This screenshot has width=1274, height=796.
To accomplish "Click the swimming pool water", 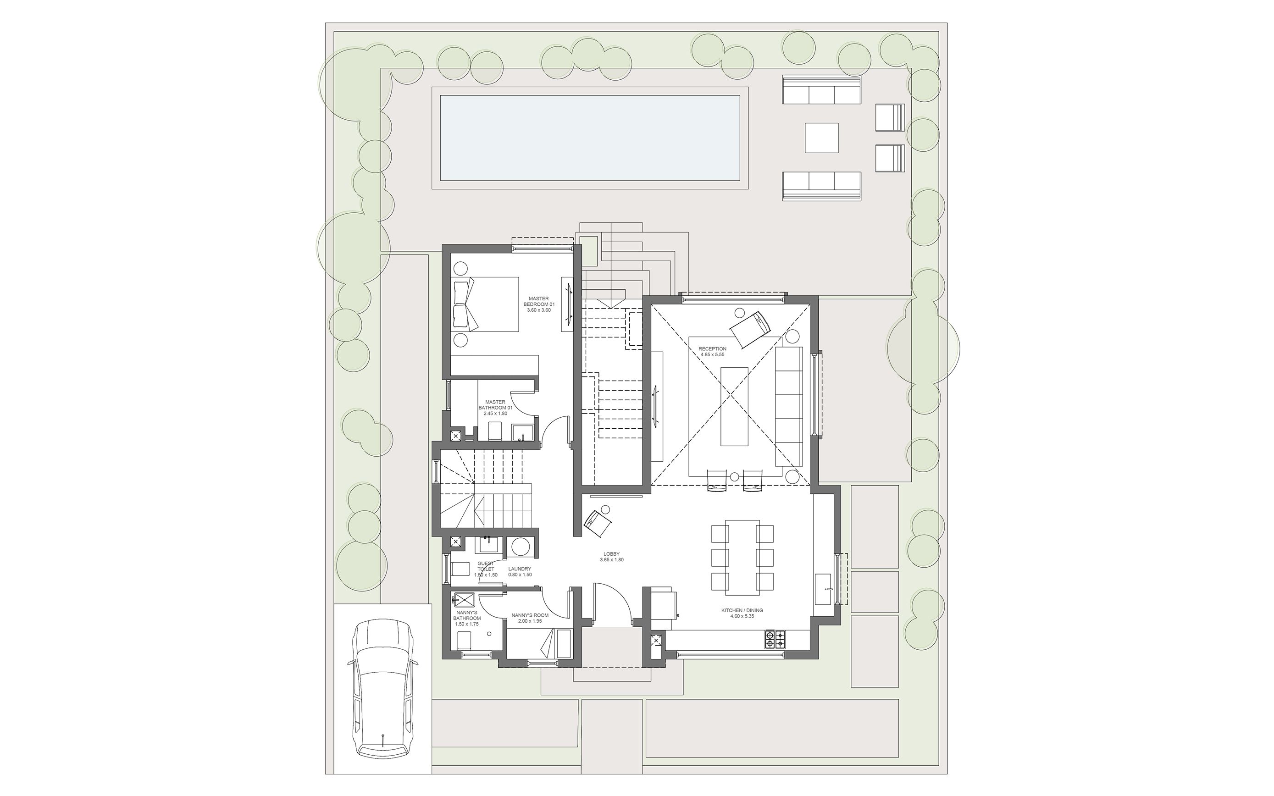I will [x=590, y=138].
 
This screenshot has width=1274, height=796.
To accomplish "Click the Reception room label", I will [x=712, y=352].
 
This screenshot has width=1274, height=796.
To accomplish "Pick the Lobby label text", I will [x=611, y=557].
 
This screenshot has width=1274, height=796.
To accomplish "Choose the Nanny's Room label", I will [x=533, y=618].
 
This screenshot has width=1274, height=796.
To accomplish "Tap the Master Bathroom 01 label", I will [x=495, y=408].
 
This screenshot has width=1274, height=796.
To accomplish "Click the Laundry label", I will [x=520, y=571].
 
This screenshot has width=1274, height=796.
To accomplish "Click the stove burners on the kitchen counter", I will [x=775, y=639].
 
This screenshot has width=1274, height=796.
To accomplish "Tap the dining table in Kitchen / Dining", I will [x=742, y=562].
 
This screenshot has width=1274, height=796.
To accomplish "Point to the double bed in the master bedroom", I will [x=485, y=304].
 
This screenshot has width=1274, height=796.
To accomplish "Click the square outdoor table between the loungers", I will [x=821, y=138].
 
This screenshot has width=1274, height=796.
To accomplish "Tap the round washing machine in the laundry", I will [x=521, y=547].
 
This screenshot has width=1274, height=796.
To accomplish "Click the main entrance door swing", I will [x=611, y=605].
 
